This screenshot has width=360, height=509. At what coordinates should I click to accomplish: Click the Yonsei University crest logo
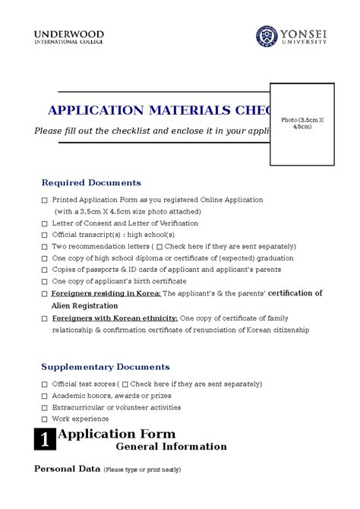[x=267, y=36]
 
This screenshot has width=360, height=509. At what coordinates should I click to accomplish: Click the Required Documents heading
[x=91, y=182]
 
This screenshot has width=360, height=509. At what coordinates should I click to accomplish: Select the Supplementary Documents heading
[x=105, y=367]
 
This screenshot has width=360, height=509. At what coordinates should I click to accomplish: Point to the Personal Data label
[x=67, y=469]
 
